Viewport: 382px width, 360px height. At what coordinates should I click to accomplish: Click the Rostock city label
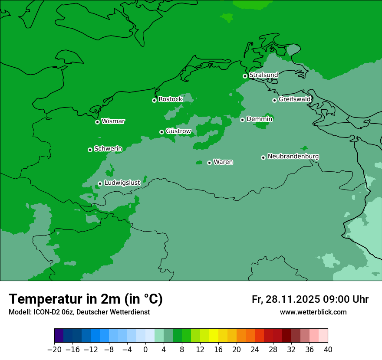pos(170,99)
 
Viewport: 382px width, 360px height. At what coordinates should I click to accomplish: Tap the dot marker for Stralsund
pos(245,76)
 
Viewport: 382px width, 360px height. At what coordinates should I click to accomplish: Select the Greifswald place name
pos(294,99)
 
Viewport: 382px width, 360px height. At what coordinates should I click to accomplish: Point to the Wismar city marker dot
pos(97,122)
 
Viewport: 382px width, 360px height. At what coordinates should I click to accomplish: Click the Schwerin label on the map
pos(108,149)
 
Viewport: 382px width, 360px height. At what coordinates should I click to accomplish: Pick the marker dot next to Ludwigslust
pos(100,183)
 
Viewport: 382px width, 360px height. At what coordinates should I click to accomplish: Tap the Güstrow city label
pos(178,131)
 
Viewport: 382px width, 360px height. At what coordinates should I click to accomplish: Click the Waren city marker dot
pos(209,163)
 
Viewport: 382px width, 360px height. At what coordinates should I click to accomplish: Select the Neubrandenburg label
pos(293,156)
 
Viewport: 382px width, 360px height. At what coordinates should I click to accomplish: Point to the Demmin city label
pos(259,119)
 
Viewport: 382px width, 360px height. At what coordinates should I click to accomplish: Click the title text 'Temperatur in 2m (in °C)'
pos(86,299)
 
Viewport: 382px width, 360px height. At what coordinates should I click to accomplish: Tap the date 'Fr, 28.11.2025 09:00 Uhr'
pos(310,299)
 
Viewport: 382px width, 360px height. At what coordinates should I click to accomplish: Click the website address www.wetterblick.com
pos(313,312)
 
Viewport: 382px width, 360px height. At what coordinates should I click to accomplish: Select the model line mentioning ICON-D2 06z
pos(79,312)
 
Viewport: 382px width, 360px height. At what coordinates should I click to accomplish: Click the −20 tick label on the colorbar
pos(54,350)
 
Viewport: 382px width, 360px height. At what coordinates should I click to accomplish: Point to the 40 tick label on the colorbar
pos(328,350)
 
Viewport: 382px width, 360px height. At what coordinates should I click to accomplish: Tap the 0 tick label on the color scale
pos(145,350)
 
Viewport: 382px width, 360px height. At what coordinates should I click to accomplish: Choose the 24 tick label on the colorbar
pos(255,350)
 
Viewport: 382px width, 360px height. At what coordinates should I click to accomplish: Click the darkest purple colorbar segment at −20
pos(59,336)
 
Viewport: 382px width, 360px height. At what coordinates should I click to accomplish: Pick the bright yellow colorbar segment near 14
pos(214,336)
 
